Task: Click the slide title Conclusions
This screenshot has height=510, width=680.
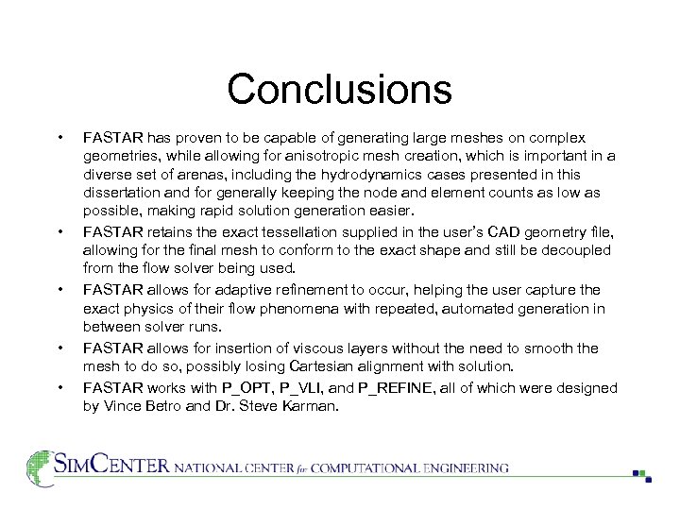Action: click(x=339, y=90)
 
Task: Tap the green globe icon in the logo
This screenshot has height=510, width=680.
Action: click(x=38, y=467)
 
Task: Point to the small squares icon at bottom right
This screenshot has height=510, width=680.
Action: click(x=641, y=475)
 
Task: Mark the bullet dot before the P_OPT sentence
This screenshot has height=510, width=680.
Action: click(x=60, y=388)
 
